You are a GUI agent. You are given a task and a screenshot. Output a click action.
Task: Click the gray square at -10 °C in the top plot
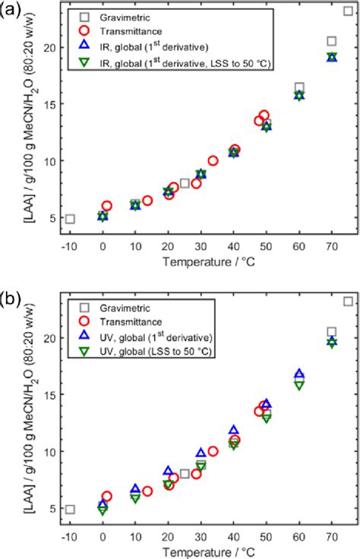(70, 219)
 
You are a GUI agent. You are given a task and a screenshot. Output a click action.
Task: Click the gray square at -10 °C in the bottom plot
(70, 509)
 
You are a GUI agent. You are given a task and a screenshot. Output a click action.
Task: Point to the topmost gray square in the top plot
(348, 11)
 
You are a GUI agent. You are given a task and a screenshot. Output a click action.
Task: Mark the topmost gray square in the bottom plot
(348, 302)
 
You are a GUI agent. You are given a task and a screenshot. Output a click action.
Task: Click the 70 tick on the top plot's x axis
(331, 246)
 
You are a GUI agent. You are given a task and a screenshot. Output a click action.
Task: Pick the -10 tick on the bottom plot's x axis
(70, 536)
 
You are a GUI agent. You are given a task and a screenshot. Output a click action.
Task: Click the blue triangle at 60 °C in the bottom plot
(299, 374)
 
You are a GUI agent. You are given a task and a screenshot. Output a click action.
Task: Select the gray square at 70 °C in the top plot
(332, 41)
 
